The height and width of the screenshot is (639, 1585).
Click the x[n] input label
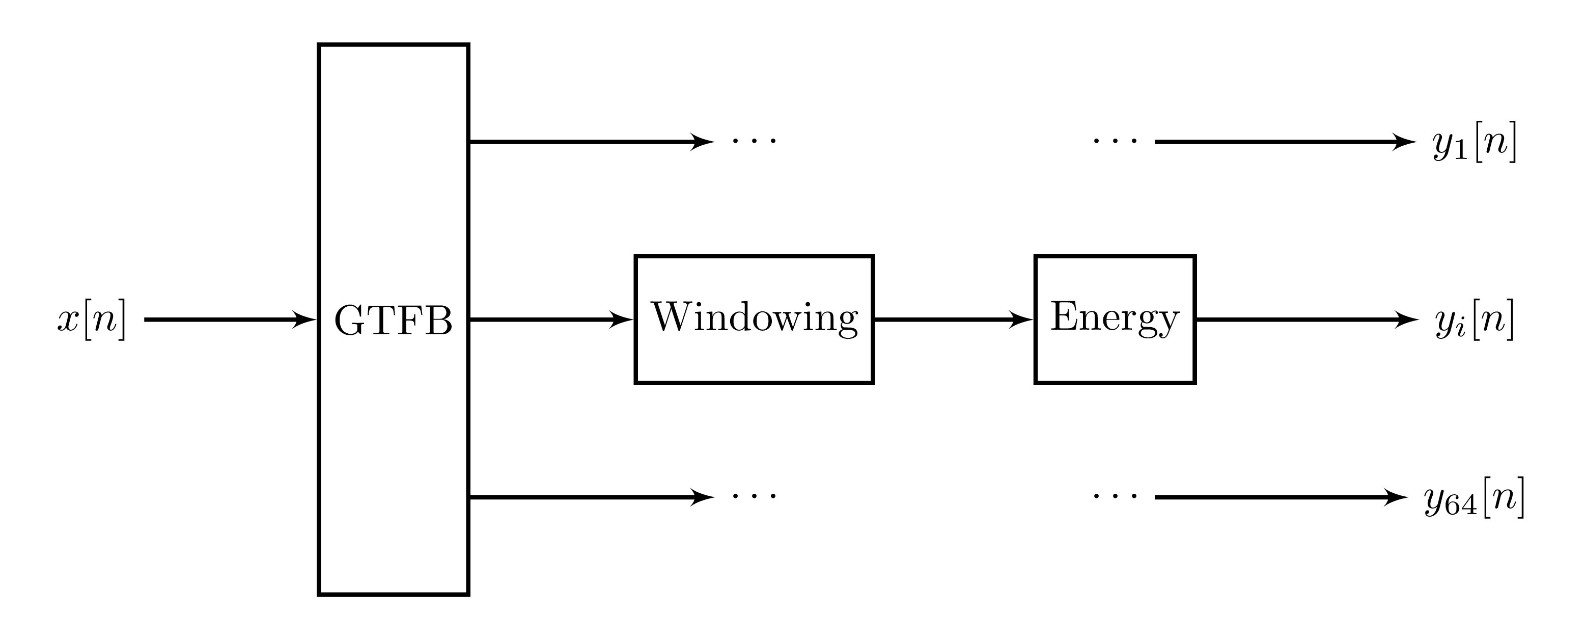[92, 320]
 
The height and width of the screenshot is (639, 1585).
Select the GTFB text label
[394, 321]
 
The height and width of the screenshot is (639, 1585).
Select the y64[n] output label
[1474, 497]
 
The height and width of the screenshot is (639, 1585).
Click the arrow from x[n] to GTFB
[230, 320]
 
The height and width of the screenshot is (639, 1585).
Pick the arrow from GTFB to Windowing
[551, 320]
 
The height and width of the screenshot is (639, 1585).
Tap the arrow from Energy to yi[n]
[1308, 320]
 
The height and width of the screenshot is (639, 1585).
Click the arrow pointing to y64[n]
[1282, 497]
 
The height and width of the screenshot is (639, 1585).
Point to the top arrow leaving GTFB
[592, 142]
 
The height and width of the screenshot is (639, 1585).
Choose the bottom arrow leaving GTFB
[592, 497]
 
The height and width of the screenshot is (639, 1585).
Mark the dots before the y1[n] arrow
[1116, 142]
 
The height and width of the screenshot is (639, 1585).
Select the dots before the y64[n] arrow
[1116, 496]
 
